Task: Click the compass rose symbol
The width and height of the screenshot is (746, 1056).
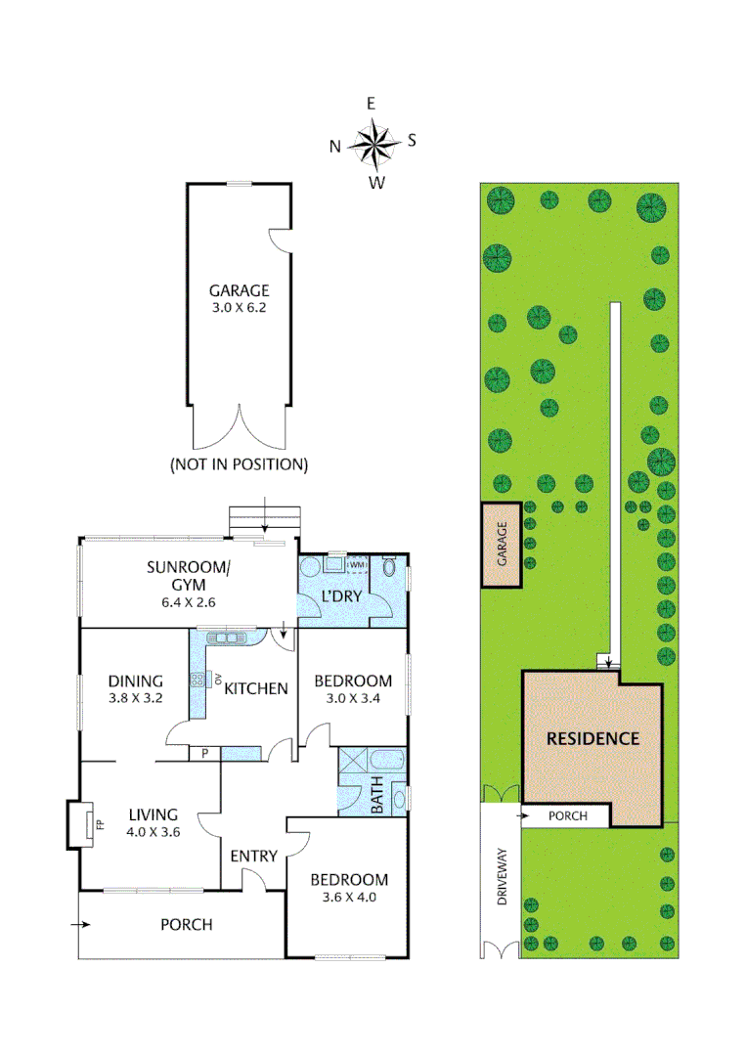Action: click(x=373, y=143)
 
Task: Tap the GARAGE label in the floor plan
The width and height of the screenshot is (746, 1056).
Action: click(x=238, y=290)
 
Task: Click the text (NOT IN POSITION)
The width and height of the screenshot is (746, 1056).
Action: click(x=239, y=464)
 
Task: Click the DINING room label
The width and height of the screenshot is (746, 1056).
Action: click(x=135, y=682)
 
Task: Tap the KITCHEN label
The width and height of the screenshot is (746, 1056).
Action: click(x=256, y=688)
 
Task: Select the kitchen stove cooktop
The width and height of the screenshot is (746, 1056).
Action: click(x=197, y=682)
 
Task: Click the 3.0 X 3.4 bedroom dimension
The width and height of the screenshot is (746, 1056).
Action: click(x=352, y=699)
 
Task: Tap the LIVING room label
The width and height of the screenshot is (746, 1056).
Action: click(x=153, y=814)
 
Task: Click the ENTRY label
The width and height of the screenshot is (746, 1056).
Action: click(x=253, y=857)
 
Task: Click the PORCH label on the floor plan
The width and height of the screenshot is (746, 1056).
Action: click(x=186, y=924)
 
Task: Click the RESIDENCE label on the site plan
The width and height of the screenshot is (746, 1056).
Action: click(x=592, y=738)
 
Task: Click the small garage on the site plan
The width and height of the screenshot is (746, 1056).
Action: click(x=501, y=545)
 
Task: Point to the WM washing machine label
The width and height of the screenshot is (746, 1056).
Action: click(x=358, y=564)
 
